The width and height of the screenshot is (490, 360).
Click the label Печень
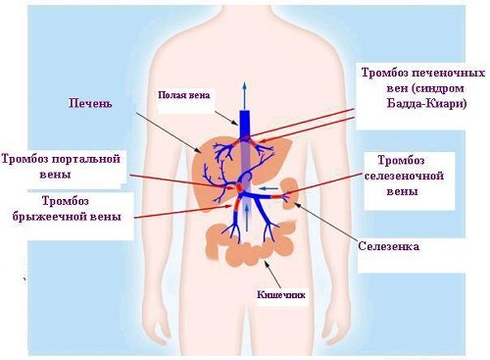[x=90, y=103]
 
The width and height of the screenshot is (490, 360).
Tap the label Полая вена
[x=184, y=95]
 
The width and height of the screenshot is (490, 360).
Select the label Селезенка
[x=388, y=246]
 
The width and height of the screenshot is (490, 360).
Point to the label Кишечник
[x=281, y=294]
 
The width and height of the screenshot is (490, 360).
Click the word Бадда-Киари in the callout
[x=427, y=104]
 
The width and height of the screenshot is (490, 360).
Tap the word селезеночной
[x=404, y=176]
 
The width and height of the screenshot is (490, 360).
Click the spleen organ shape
[x=289, y=193]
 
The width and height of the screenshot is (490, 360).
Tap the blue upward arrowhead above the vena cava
[x=244, y=85]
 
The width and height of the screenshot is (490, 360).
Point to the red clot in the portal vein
[x=239, y=187]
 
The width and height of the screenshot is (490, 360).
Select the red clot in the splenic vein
[x=277, y=196]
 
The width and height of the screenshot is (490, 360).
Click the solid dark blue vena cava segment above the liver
[x=245, y=125]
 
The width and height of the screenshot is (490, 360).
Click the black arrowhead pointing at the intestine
[x=265, y=264]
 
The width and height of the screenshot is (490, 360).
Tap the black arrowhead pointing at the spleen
[x=296, y=205]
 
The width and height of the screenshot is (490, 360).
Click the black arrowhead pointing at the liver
[x=199, y=151]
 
